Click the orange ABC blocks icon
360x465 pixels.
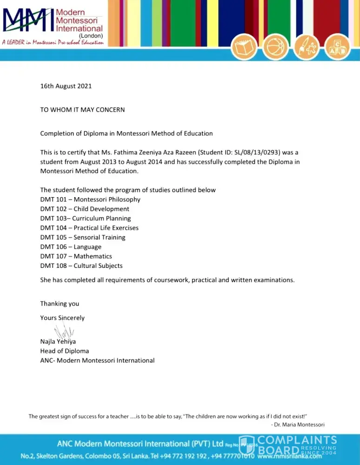click(x=338, y=47)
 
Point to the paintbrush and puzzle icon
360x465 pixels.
click(x=307, y=47)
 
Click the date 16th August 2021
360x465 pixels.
click(x=66, y=86)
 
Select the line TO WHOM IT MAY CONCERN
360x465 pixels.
click(x=82, y=110)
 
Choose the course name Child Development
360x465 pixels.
click(x=101, y=209)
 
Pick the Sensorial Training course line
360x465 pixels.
click(x=83, y=238)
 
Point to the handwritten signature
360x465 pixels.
click(x=64, y=332)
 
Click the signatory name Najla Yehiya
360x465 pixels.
click(x=58, y=342)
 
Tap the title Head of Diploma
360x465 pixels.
click(x=65, y=351)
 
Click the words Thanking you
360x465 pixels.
click(x=59, y=304)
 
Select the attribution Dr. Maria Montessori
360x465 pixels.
click(x=300, y=425)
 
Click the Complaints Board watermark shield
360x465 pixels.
click(x=246, y=445)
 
